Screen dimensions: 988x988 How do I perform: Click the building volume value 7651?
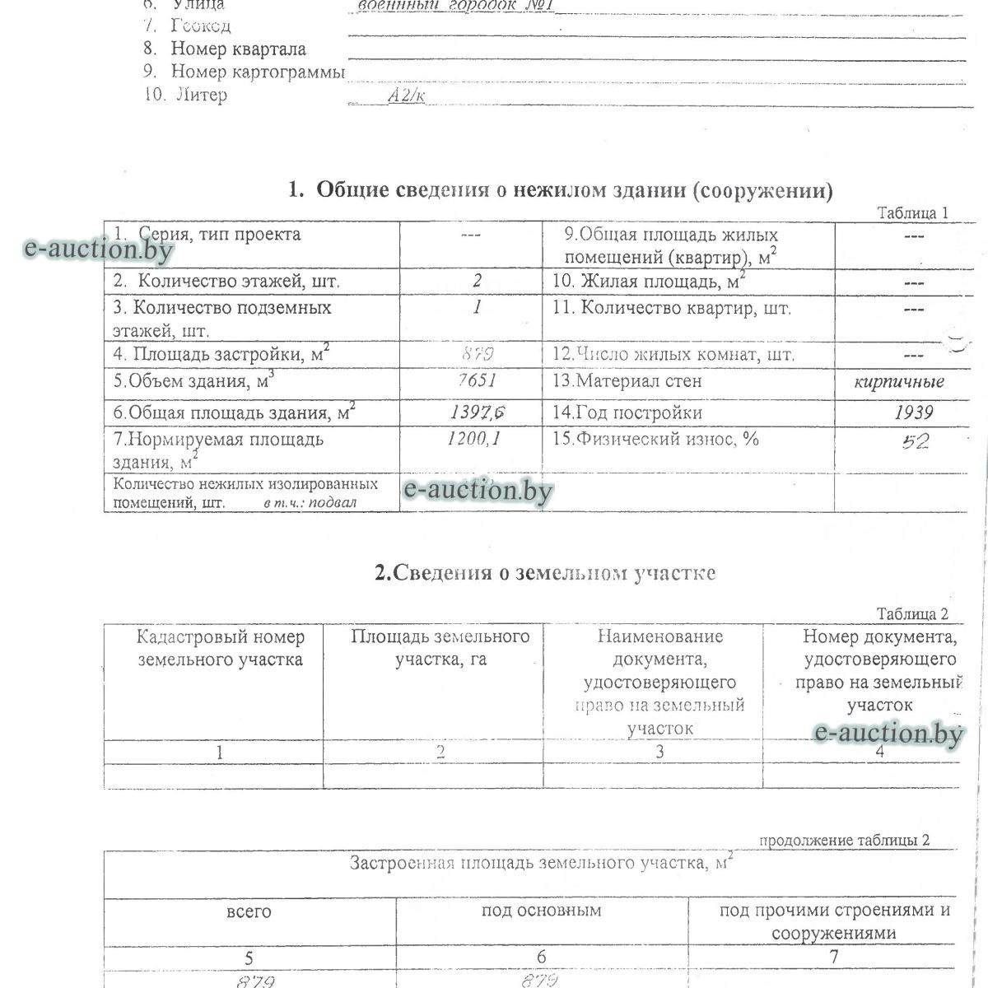pyautogui.click(x=477, y=381)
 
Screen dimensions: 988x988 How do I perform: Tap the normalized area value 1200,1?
pyautogui.click(x=473, y=439)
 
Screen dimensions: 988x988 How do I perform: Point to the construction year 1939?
pyautogui.click(x=913, y=412)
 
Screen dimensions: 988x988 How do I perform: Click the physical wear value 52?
pyautogui.click(x=916, y=442)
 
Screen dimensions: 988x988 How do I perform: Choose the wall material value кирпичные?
pyautogui.click(x=899, y=382)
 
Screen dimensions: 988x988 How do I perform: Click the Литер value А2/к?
pyautogui.click(x=407, y=96)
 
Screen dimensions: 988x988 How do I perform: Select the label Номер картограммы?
pyautogui.click(x=257, y=72)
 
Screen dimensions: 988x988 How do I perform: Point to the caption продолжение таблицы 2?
pyautogui.click(x=844, y=841)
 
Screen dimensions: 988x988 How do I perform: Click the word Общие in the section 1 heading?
pyautogui.click(x=352, y=191)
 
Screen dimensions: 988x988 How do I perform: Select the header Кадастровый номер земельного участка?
pyautogui.click(x=220, y=648)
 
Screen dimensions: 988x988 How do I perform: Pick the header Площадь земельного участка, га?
pyautogui.click(x=440, y=648)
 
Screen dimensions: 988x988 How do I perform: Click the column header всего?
pyautogui.click(x=249, y=912)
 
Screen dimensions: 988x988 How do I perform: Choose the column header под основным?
pyautogui.click(x=541, y=911)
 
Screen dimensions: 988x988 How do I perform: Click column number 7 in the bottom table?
pyautogui.click(x=834, y=957)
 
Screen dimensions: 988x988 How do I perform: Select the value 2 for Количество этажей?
pyautogui.click(x=477, y=281)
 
